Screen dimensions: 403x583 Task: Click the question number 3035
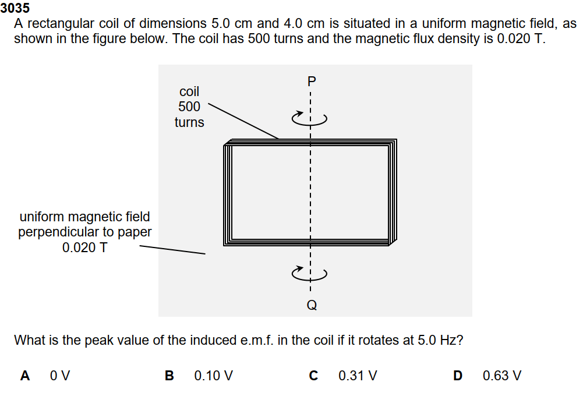click(x=15, y=9)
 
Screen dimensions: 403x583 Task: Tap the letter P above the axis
click(x=312, y=82)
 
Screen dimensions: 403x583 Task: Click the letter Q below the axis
click(x=312, y=305)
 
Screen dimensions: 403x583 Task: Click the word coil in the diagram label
click(x=189, y=91)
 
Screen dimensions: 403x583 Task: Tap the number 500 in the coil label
click(x=189, y=107)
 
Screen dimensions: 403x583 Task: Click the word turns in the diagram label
click(x=189, y=122)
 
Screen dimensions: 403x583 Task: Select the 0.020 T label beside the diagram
click(x=84, y=248)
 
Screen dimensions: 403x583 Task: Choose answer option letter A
click(x=25, y=376)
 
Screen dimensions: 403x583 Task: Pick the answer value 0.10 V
click(x=214, y=376)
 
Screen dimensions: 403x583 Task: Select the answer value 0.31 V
click(x=358, y=376)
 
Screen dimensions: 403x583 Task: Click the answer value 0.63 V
click(x=502, y=376)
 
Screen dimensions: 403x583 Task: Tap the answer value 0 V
click(x=60, y=376)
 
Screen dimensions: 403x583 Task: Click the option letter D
click(x=458, y=376)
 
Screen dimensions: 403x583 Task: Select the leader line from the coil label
click(x=243, y=122)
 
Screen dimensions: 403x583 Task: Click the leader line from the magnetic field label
click(x=172, y=250)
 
